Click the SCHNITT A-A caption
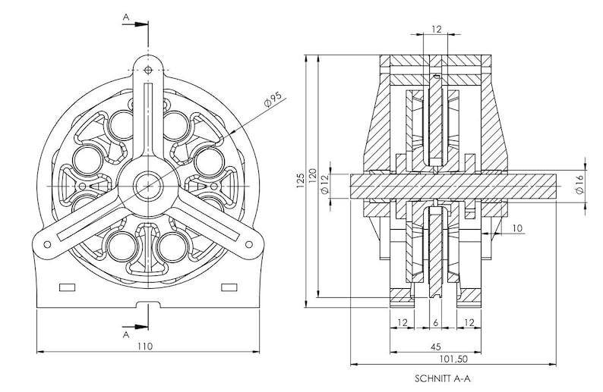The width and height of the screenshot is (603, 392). tap(442, 378)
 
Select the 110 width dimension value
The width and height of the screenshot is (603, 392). tap(145, 347)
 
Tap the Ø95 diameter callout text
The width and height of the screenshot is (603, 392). tap(273, 99)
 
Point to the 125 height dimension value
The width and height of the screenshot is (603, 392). tap(300, 180)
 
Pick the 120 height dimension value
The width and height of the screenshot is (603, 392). tap(312, 176)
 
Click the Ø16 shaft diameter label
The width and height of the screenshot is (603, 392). tap(579, 184)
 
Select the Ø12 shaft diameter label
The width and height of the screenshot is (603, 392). tap(324, 184)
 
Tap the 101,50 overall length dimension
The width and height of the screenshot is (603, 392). tap(453, 359)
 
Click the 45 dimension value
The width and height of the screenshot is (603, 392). tap(435, 347)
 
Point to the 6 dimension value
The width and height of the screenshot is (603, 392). tap(435, 323)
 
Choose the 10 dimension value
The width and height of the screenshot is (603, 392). tap(518, 228)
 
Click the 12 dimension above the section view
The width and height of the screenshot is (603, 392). tap(437, 29)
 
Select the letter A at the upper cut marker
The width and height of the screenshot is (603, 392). tap(126, 17)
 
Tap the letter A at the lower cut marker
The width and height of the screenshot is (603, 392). tap(126, 335)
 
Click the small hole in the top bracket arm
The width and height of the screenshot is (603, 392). tap(148, 70)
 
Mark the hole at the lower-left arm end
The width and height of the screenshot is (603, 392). tap(47, 245)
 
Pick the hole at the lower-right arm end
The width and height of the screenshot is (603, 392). tap(249, 244)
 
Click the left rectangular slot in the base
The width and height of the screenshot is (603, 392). tap(68, 287)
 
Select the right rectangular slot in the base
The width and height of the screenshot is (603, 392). tap(229, 287)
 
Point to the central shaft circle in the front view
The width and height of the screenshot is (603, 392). tap(148, 187)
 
